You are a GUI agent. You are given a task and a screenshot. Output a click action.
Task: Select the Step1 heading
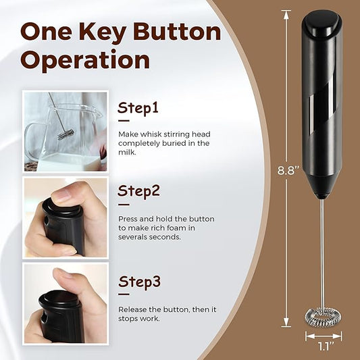tap(138, 107)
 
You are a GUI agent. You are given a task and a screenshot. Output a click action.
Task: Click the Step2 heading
tap(138, 190)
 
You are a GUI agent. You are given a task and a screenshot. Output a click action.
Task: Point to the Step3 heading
tap(139, 282)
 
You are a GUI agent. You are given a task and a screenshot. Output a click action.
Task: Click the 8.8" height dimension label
tap(288, 170)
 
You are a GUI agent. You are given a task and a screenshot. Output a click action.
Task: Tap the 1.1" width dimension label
tap(324, 346)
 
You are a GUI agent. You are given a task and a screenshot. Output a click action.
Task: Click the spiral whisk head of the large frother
tap(323, 315)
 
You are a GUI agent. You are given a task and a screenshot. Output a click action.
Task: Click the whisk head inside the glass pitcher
tap(66, 134)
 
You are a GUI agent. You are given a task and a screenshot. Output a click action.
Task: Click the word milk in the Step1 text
tap(126, 152)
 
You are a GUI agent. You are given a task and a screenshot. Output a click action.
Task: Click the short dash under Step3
tap(124, 294)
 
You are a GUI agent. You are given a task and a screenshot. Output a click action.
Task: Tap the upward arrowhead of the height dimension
tap(286, 14)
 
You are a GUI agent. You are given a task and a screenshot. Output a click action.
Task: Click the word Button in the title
tap(177, 32)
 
